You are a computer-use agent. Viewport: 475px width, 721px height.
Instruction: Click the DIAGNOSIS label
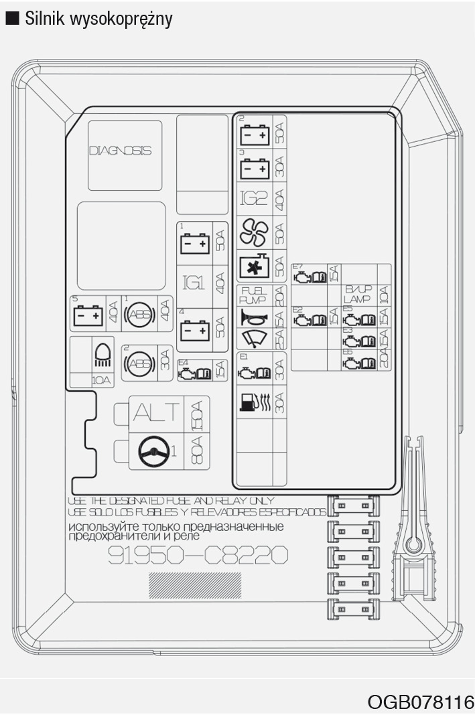(120, 151)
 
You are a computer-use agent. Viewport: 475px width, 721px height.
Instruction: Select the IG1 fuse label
(194, 283)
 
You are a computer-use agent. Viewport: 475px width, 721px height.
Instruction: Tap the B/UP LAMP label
(358, 294)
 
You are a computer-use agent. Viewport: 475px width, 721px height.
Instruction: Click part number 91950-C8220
(198, 555)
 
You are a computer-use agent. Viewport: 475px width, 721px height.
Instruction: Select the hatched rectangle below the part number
(195, 585)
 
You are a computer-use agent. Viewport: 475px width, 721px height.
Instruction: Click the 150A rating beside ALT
(196, 414)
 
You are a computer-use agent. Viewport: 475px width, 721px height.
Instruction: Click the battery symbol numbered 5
(87, 315)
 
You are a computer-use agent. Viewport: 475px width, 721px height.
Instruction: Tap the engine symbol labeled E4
(193, 370)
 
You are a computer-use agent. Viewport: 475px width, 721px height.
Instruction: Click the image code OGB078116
(420, 702)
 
